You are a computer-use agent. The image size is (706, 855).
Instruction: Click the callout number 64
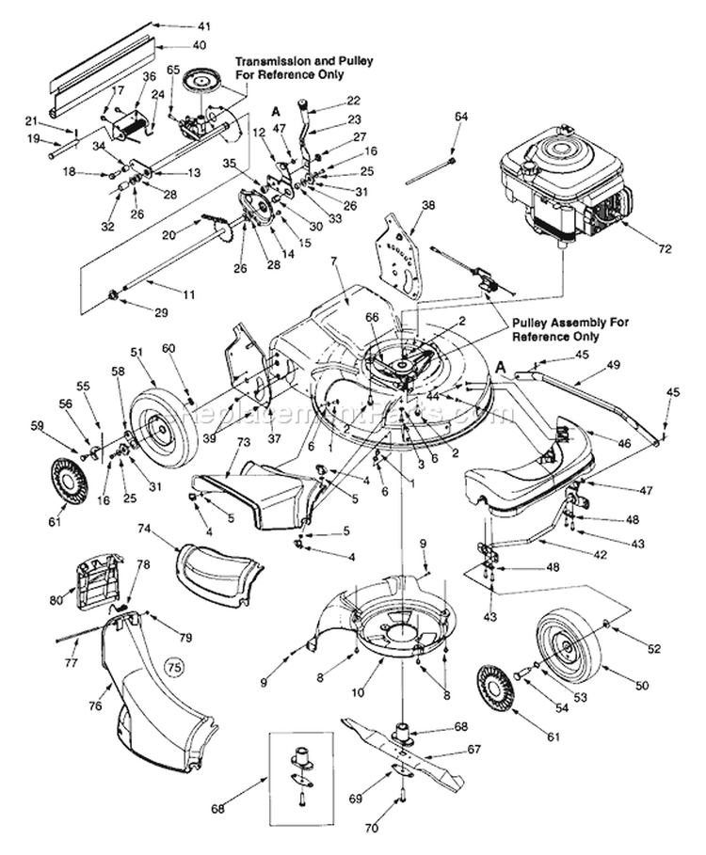(461, 117)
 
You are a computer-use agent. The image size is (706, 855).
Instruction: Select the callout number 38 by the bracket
(429, 204)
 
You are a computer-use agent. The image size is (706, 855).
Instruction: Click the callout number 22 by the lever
(353, 100)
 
